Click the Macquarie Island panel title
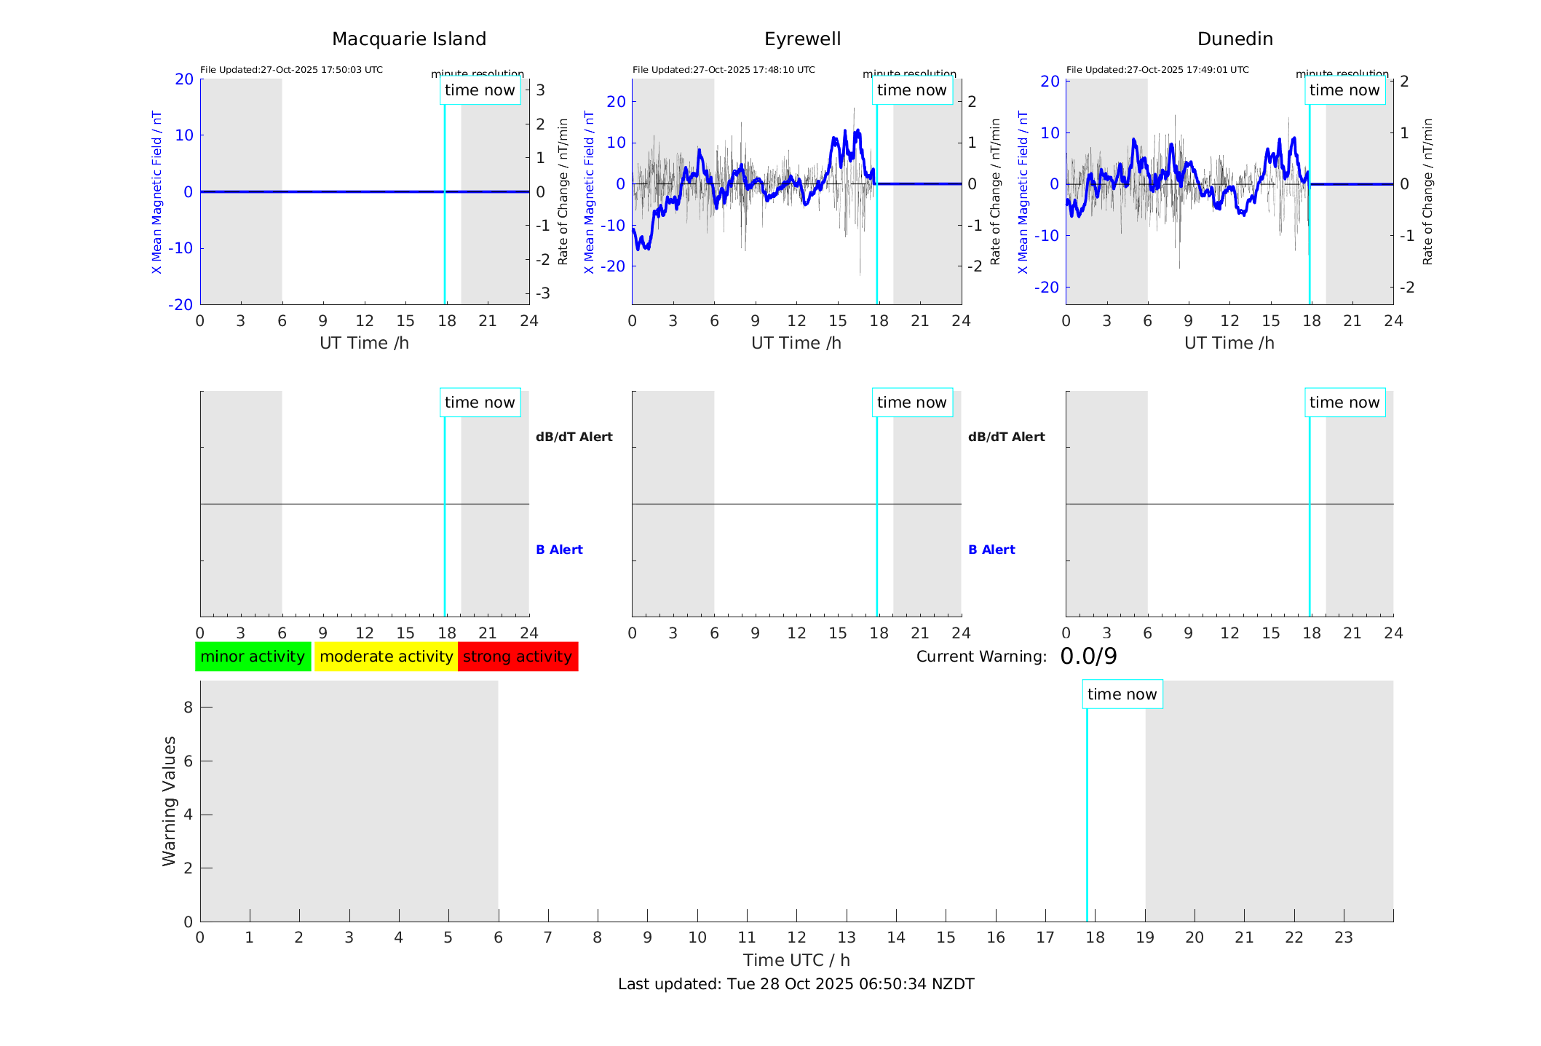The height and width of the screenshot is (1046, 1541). (408, 39)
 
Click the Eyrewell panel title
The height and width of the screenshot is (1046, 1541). (802, 39)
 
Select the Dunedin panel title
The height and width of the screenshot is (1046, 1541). (1235, 39)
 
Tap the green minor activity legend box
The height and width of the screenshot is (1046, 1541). (253, 657)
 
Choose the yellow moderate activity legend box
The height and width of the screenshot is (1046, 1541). (386, 657)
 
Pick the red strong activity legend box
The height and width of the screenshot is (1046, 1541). (518, 657)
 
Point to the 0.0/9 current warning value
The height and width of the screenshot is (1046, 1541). (1088, 657)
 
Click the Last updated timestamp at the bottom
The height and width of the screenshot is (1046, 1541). (796, 984)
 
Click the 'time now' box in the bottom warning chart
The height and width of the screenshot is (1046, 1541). (1122, 694)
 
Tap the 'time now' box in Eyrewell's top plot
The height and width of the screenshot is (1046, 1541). (911, 90)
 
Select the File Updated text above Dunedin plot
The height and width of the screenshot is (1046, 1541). (1157, 70)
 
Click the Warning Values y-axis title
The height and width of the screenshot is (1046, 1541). (169, 801)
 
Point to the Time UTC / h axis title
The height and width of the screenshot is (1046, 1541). (796, 960)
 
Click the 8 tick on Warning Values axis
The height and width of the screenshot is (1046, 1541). (188, 708)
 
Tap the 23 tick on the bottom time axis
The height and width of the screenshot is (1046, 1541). (1343, 938)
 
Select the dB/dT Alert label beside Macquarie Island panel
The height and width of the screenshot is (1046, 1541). (574, 437)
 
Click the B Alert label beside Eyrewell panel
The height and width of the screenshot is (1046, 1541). (991, 550)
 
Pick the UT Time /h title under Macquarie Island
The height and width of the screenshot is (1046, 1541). (364, 343)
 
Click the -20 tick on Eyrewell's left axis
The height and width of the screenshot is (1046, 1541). (616, 266)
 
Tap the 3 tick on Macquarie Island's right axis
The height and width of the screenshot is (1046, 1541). (541, 90)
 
